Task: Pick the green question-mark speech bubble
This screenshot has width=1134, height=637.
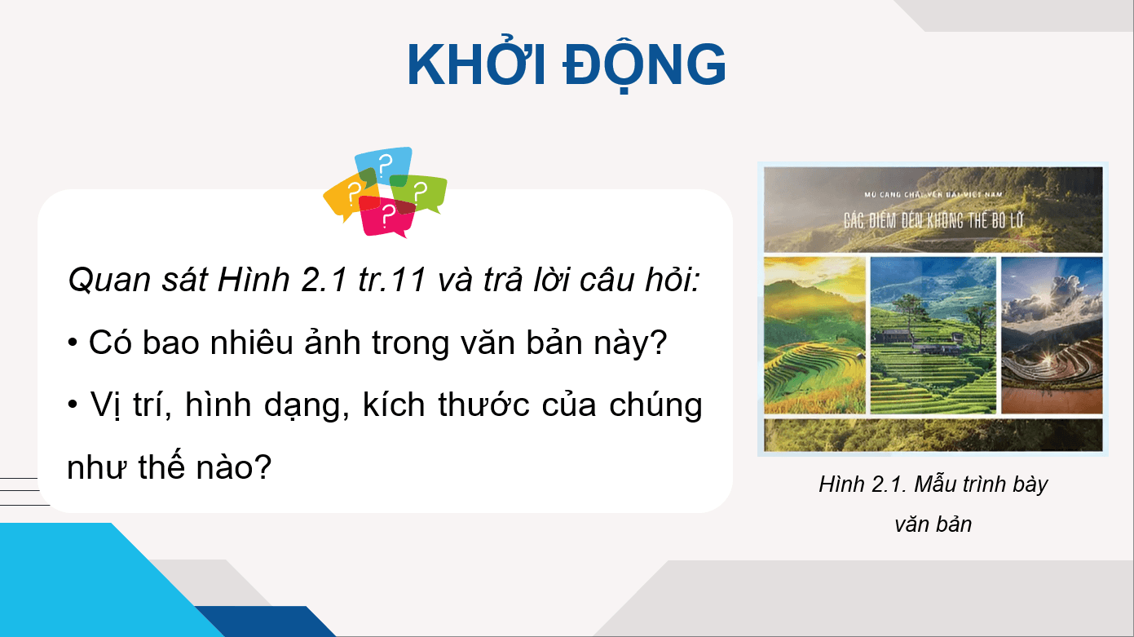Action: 422,192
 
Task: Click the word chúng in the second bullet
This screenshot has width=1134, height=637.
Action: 655,405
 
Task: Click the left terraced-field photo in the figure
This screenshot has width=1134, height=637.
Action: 814,335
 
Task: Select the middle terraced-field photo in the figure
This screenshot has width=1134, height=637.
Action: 933,335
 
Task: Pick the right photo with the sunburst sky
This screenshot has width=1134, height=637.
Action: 1052,335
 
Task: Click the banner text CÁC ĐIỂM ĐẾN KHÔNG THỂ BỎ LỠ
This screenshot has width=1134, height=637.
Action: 933,219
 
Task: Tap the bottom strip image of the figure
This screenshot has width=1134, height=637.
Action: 933,435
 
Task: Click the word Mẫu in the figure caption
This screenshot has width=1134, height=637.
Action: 938,484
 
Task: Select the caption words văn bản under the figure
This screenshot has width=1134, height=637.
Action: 933,524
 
